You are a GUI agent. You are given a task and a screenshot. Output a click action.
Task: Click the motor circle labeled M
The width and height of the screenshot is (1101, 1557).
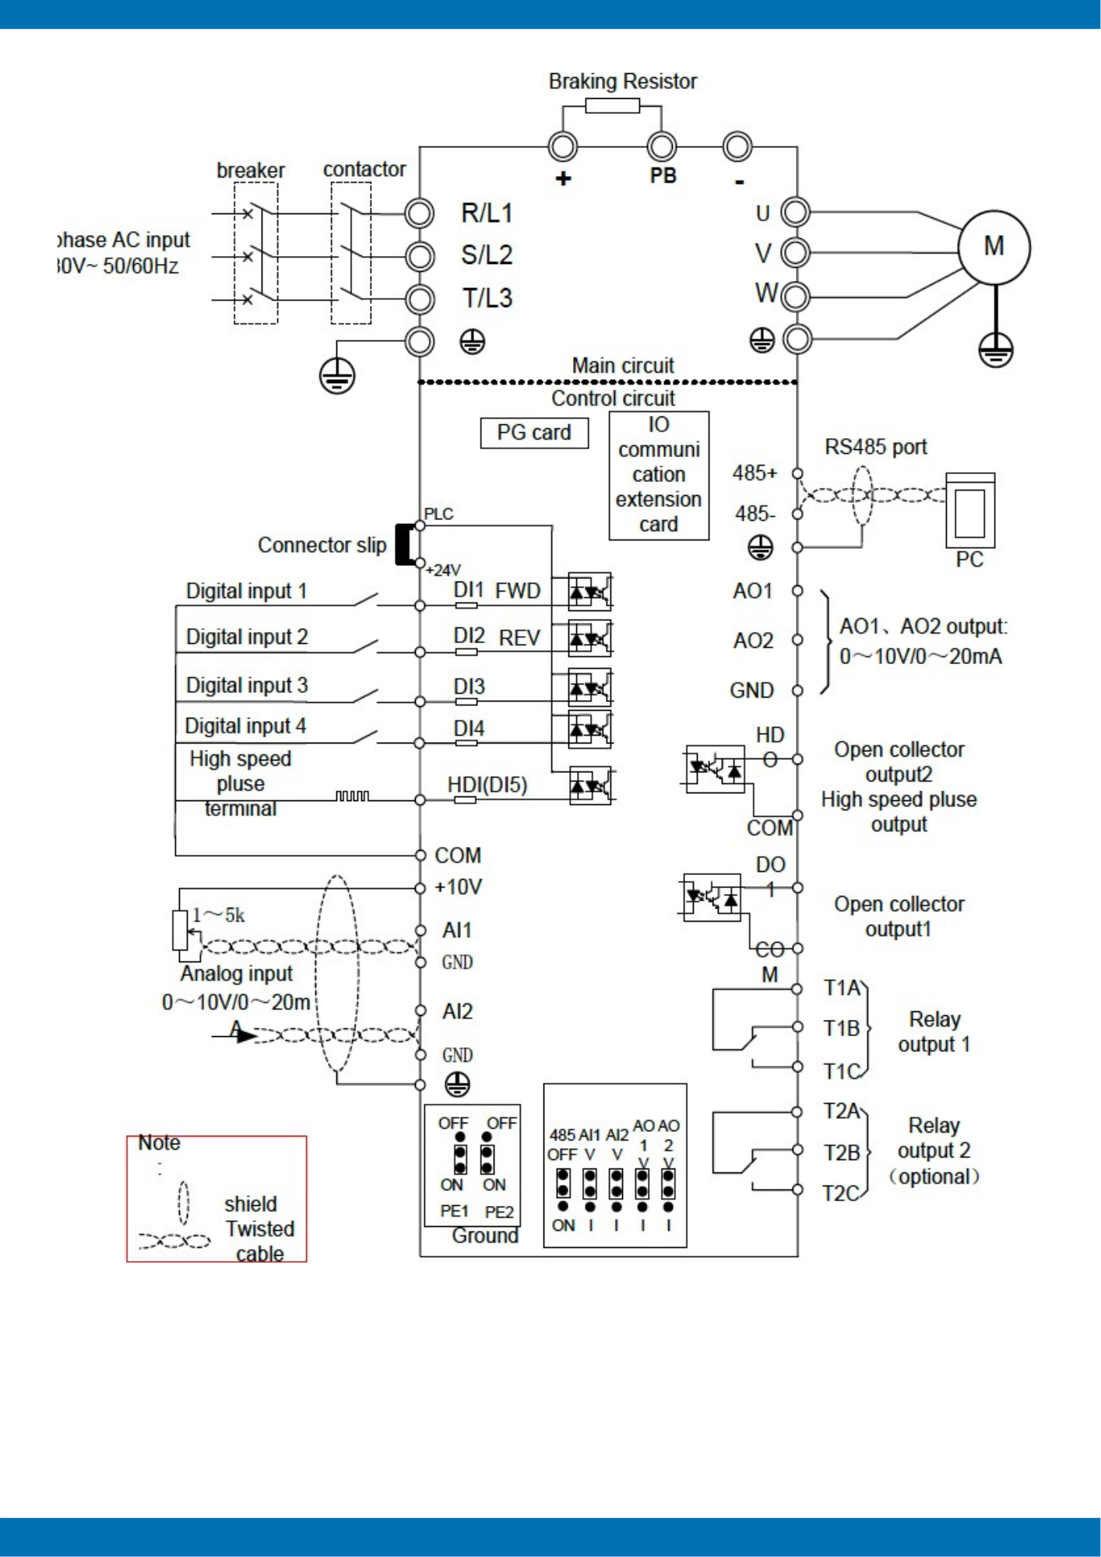tap(994, 248)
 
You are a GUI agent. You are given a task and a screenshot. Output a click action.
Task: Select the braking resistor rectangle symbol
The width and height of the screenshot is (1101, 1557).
tap(612, 106)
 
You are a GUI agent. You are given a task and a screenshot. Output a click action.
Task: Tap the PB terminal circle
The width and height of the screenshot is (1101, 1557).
tap(662, 146)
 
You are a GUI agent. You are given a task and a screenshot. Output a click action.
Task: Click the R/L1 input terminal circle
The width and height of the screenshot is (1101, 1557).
tap(420, 213)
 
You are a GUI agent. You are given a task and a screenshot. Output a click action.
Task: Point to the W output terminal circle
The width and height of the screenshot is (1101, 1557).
tap(796, 297)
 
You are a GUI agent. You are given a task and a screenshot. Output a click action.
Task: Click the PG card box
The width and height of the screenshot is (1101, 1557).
tap(534, 433)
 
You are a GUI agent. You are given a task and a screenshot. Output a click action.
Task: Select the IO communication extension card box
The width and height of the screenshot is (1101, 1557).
tap(659, 475)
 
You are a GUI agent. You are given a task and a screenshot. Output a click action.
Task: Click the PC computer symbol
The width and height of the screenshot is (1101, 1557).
tap(970, 511)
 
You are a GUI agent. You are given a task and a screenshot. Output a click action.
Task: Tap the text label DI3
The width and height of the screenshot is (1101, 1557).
tap(469, 687)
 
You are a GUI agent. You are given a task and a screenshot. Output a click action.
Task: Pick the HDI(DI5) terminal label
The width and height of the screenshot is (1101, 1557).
tap(487, 785)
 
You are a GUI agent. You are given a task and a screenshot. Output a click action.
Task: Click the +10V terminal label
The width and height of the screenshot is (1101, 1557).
tap(458, 887)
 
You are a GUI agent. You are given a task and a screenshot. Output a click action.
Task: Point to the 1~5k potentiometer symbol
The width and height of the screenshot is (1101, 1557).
tap(181, 930)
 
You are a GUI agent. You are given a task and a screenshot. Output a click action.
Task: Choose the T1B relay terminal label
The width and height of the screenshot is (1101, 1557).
tap(842, 1029)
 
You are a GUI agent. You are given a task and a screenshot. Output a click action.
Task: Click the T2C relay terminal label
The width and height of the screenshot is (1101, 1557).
tap(841, 1193)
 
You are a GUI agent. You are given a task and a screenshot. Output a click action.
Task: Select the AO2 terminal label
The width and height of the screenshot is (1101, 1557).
tap(753, 641)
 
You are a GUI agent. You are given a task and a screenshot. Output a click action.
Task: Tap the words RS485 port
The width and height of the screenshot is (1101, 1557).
tap(876, 448)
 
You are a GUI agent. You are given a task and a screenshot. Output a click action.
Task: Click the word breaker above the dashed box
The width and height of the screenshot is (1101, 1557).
tap(251, 170)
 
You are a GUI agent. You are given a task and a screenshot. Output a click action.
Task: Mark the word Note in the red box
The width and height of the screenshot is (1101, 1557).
tap(160, 1143)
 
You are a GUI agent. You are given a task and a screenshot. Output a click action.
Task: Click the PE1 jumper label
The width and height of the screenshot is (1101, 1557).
tap(454, 1212)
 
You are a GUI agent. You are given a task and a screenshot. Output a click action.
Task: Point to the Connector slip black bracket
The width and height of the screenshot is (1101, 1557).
tap(403, 544)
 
